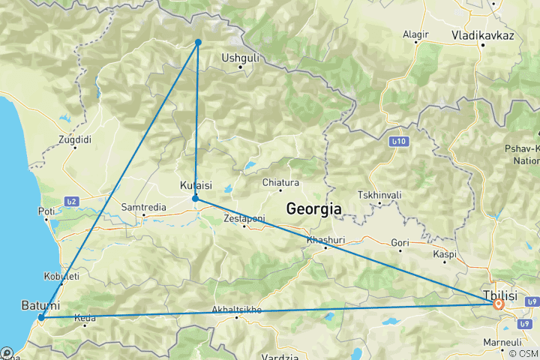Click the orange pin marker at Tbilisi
point(497,304)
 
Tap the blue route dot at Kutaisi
point(195,199)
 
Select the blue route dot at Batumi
point(41,317)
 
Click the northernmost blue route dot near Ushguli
point(198,42)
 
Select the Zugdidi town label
point(75,139)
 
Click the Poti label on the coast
point(46,211)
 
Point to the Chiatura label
point(280,182)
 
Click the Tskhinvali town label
point(379,195)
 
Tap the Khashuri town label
point(325,239)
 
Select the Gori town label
point(401,242)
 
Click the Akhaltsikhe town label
point(236,308)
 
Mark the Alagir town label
point(415,34)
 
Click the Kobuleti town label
point(62,276)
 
